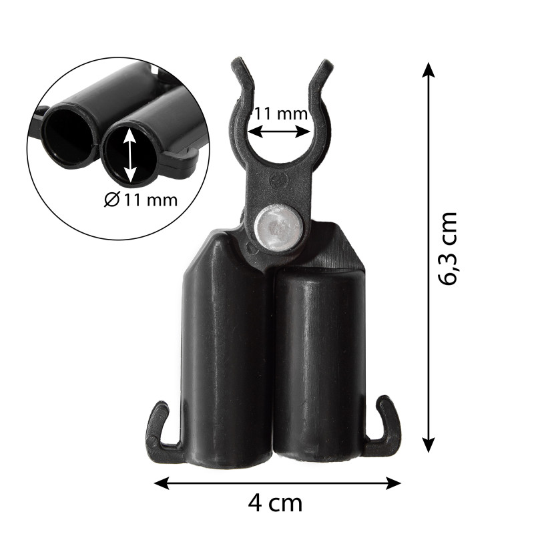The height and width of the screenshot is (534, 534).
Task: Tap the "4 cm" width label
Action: pos(275,503)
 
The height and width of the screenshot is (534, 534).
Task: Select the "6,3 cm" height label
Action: pos(447,248)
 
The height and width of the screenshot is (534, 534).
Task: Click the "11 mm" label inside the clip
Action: pos(281,113)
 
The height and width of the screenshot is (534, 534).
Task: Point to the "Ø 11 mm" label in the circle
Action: pos(141,200)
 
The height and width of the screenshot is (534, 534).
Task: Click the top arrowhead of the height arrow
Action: pos(429,69)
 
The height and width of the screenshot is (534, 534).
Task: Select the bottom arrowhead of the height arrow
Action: pos(429,445)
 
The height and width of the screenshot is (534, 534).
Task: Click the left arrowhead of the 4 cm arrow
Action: pos(162,483)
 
